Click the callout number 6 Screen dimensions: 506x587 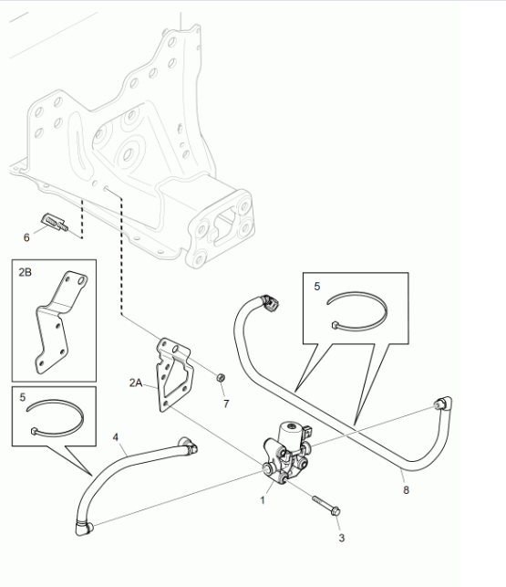click(26, 237)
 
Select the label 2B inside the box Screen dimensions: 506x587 click(25, 272)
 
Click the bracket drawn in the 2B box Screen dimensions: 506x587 click(61, 322)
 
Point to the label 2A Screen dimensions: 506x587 click(136, 383)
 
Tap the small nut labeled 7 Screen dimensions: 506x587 click(221, 377)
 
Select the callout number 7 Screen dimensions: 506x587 click(226, 404)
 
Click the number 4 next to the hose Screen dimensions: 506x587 click(116, 437)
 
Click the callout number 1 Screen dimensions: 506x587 click(263, 500)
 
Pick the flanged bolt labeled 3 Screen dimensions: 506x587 click(326, 506)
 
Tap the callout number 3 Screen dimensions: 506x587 click(342, 538)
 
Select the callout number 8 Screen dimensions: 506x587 click(406, 489)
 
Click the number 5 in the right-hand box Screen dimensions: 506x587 click(317, 287)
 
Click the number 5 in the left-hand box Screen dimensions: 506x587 click(23, 397)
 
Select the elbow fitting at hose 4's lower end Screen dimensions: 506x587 click(84, 529)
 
